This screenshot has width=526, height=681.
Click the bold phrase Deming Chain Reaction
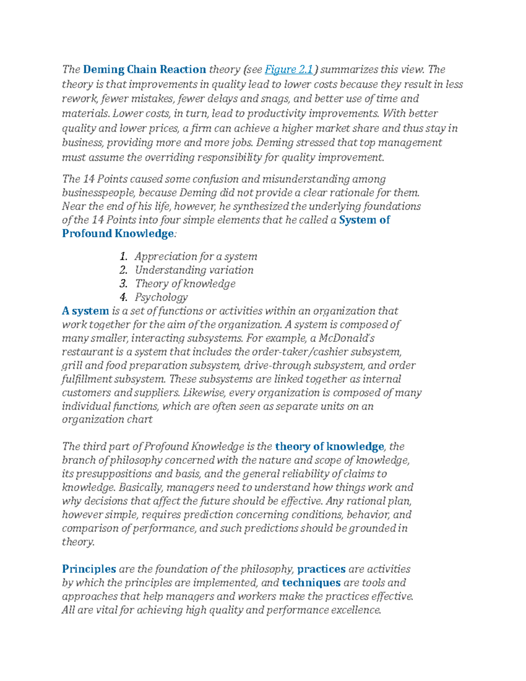144,69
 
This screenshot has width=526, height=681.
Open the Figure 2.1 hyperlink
289,69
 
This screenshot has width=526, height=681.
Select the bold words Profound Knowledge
118,233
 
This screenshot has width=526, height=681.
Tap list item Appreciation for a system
195,256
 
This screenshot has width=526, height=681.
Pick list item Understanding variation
194,270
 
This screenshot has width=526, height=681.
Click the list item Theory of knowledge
185,283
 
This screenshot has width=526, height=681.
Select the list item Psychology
161,297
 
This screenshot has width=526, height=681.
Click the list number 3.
123,283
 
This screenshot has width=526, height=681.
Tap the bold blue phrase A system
85,311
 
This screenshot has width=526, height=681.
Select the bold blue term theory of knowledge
329,446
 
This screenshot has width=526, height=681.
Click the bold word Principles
89,569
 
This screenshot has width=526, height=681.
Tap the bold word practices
321,569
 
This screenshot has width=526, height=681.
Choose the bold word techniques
311,582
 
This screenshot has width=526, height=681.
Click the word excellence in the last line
355,610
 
